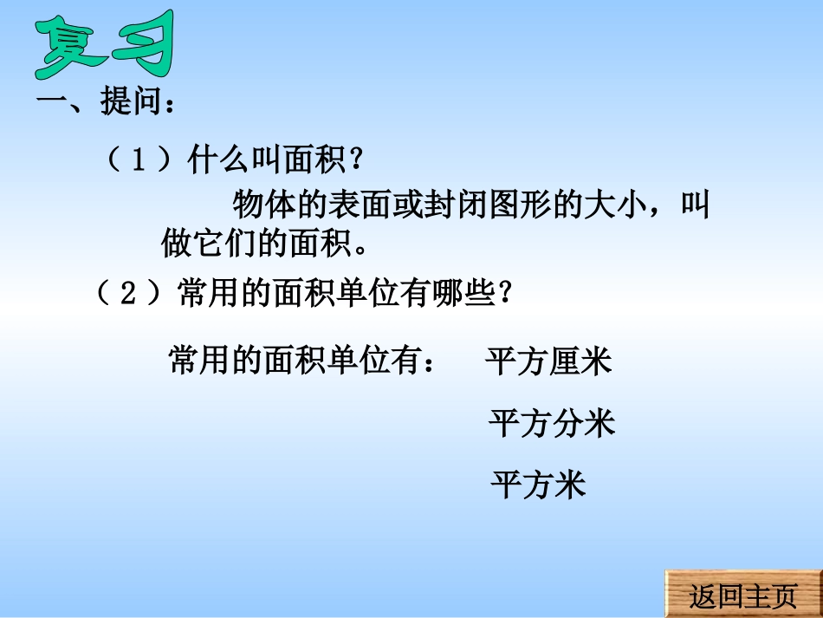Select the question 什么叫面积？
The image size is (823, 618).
pyautogui.click(x=272, y=162)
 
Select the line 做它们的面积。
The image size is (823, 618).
pyautogui.click(x=265, y=244)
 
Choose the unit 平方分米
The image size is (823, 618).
pyautogui.click(x=552, y=423)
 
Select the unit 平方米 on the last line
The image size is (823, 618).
pyautogui.click(x=538, y=484)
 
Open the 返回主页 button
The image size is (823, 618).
pyautogui.click(x=742, y=595)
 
